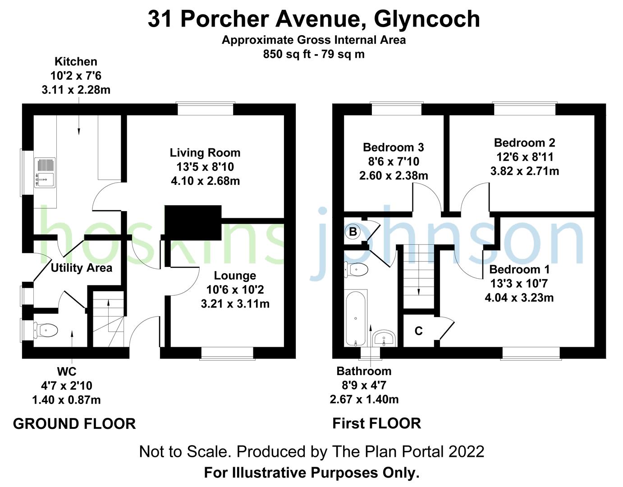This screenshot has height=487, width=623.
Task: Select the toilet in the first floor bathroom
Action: pos(357,270)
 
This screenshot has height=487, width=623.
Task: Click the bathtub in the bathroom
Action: pos(356,318)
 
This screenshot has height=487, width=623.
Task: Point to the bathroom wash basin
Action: pos(384,338)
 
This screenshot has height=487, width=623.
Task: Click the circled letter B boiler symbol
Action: pos(353,232)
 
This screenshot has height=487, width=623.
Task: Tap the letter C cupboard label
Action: pos(418,331)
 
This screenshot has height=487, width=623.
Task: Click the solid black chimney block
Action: pos(193,222)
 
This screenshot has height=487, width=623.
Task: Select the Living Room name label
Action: pos(205,153)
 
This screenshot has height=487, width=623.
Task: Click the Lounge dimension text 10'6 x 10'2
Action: pos(235,289)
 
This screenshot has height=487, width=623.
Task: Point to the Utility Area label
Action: pos(81,268)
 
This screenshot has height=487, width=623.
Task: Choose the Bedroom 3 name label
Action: pos(393,147)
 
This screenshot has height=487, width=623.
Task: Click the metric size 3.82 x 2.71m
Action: pos(525,171)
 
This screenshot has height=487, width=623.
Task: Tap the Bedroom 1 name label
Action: pos(519,270)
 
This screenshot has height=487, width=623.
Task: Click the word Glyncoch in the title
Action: pos(427,19)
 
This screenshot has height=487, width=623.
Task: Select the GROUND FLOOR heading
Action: pos(74,424)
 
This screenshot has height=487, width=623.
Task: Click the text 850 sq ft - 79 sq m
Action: pos(314,54)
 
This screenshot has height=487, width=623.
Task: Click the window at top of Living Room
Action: pos(206,109)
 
